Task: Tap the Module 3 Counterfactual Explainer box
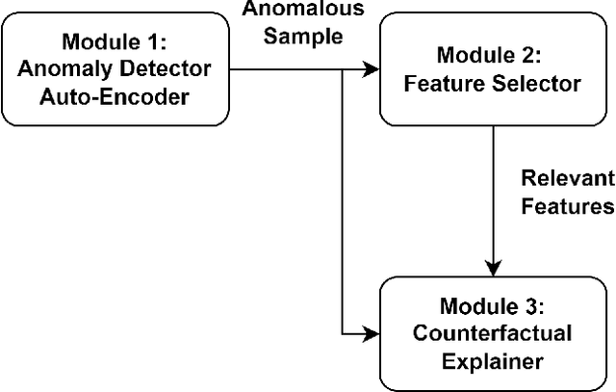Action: tap(492, 333)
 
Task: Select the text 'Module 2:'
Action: tap(492, 55)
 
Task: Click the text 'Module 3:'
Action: tap(492, 307)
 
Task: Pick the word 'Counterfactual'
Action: tap(492, 333)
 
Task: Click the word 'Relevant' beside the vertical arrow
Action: tap(565, 179)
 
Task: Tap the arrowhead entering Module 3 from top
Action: tap(492, 268)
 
